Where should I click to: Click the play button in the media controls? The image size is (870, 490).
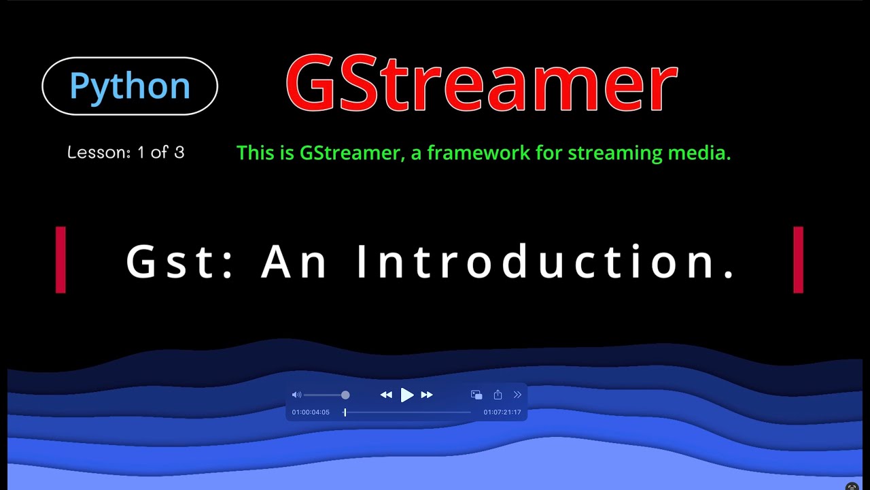click(406, 395)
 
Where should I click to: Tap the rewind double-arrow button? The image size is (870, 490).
click(386, 395)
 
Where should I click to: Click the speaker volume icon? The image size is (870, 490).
click(296, 395)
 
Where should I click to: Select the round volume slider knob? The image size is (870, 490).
click(345, 395)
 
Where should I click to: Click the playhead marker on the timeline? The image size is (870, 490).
click(345, 412)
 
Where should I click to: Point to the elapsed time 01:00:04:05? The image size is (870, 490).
click(311, 412)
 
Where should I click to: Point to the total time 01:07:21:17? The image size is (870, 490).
click(502, 412)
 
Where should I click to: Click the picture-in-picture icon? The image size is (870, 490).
click(476, 395)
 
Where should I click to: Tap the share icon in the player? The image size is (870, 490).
click(498, 395)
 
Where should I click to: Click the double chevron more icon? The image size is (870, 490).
click(517, 395)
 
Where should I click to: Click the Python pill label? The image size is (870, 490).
click(130, 86)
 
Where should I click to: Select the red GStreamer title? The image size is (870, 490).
click(481, 84)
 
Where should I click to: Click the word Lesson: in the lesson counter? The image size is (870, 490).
click(99, 152)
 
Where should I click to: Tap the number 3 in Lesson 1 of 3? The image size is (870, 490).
click(179, 152)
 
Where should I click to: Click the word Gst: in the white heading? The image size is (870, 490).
click(180, 261)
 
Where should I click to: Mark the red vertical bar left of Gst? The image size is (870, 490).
click(60, 260)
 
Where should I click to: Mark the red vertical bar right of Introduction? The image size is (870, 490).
click(798, 260)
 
